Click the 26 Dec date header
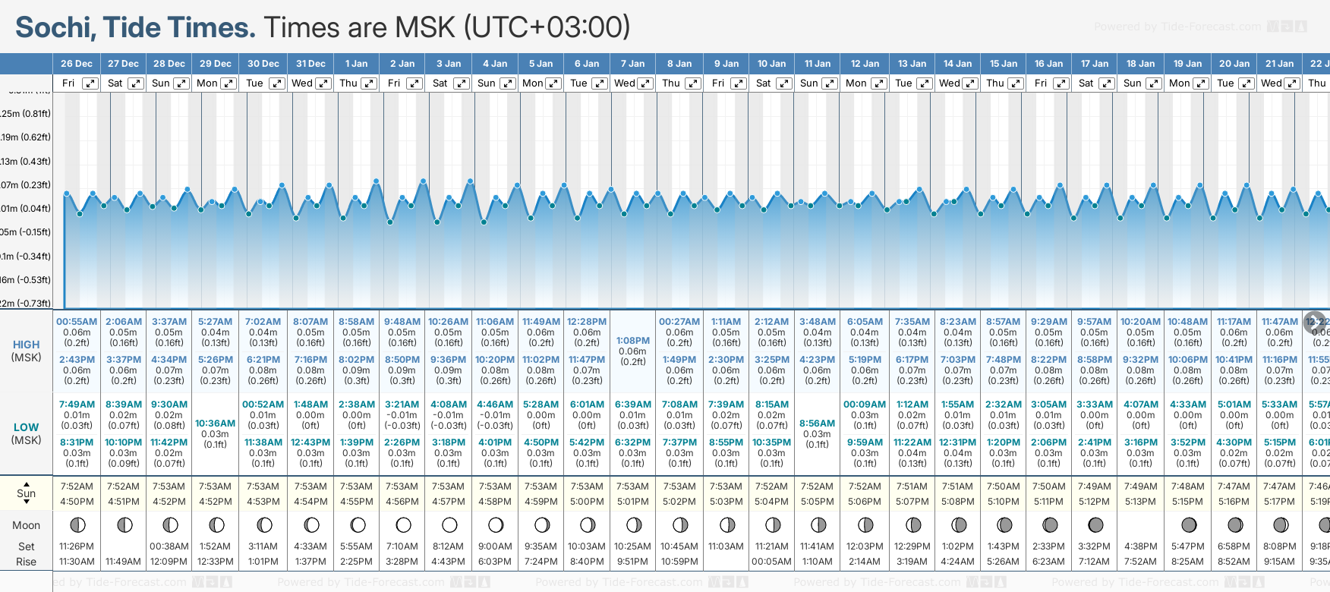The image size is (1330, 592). coord(77,64)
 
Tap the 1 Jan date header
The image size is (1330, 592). coord(356,64)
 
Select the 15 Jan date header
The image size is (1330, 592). coord(1004,64)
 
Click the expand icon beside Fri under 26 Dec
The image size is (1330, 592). coord(90,83)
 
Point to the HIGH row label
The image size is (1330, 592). coord(26,345)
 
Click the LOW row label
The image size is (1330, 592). coord(26,427)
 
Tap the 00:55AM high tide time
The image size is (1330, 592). coord(77,322)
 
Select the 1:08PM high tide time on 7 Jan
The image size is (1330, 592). coord(633,341)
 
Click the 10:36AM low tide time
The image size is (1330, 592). coord(216,424)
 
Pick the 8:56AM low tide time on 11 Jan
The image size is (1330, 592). coord(818,424)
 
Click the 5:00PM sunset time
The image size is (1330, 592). coord(587,502)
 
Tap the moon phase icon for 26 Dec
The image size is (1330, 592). coord(77,524)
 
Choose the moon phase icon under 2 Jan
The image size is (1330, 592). coord(403,524)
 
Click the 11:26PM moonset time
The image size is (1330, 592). coord(77,546)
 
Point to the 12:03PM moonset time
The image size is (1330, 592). coord(865,546)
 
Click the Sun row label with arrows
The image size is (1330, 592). coord(26,493)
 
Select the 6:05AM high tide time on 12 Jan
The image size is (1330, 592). coord(865,322)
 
